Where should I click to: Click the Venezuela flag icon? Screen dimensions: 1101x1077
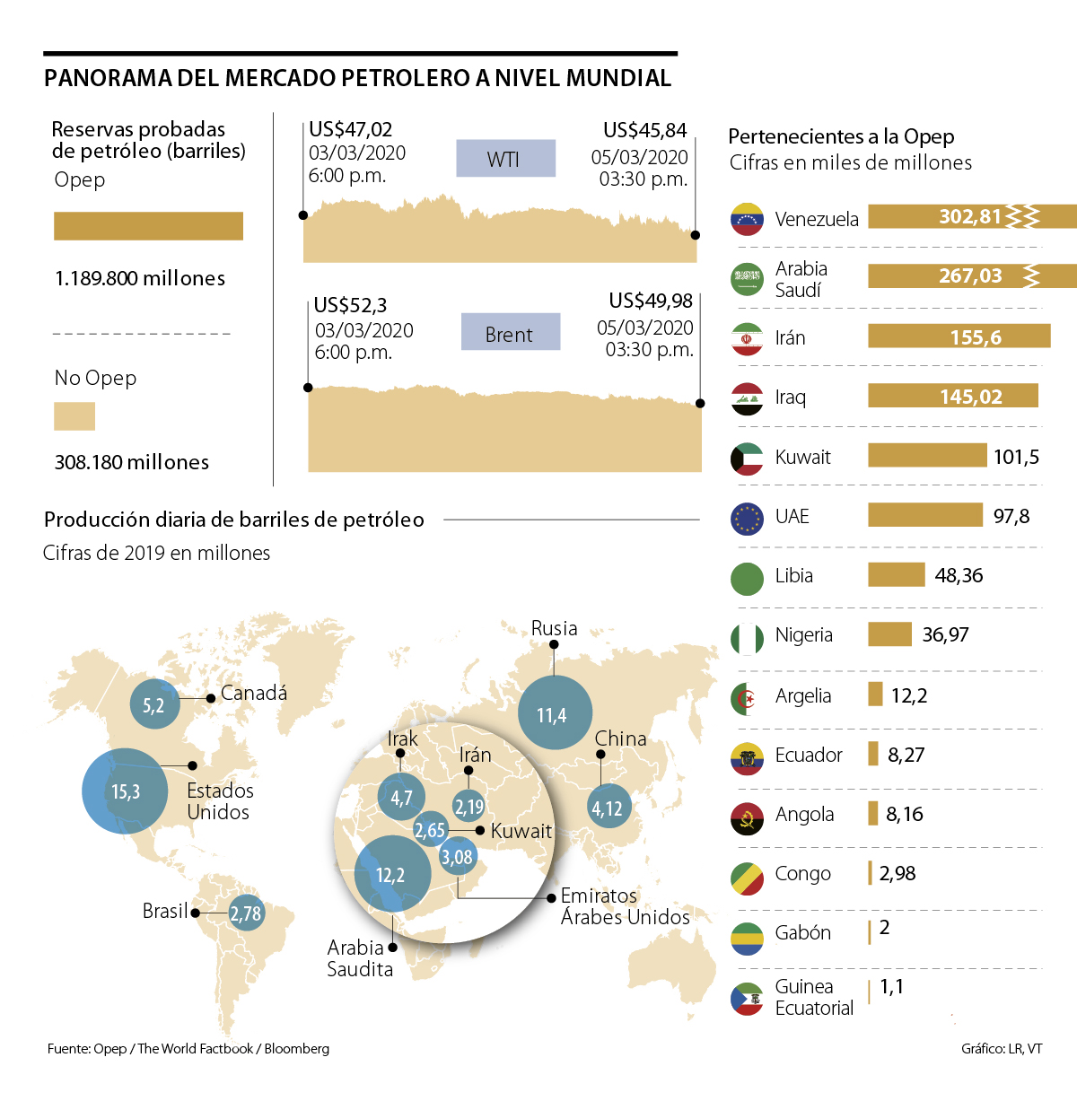[x=747, y=219]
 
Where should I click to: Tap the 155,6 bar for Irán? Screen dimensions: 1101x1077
[x=959, y=336]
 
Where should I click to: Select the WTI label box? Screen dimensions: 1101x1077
[x=505, y=159]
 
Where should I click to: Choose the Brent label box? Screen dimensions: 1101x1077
[x=510, y=333]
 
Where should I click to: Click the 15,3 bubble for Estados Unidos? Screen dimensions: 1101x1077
[x=125, y=791]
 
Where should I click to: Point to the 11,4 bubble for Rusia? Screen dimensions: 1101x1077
[x=555, y=714]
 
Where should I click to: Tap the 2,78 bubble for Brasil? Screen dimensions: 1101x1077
[x=246, y=913]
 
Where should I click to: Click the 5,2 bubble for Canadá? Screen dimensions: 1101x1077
[x=154, y=705]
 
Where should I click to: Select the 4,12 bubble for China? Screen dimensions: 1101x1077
[x=608, y=808]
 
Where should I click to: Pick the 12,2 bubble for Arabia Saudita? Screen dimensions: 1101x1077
[x=392, y=874]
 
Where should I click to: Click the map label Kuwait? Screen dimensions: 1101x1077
[x=521, y=831]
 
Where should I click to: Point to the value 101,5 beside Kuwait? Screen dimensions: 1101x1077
[x=1016, y=457]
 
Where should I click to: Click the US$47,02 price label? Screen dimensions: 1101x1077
[x=350, y=130]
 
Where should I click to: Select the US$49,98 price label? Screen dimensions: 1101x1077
[x=651, y=301]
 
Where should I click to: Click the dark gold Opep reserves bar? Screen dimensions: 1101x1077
[x=148, y=226]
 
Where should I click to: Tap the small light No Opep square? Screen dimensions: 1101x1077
[x=74, y=416]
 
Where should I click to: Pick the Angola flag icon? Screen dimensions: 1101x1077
[x=747, y=816]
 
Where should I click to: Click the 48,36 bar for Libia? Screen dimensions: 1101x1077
[x=896, y=575]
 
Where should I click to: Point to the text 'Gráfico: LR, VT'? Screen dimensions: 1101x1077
[x=1001, y=1048]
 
